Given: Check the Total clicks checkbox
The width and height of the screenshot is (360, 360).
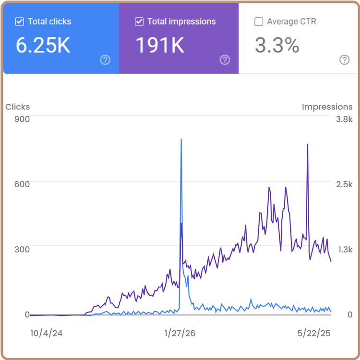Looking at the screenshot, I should [20, 22].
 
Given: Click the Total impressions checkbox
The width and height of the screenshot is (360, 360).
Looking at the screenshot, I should [139, 22].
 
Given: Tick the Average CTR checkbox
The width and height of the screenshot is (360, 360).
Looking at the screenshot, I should [259, 22].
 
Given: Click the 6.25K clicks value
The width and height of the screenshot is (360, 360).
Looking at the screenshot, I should [43, 45].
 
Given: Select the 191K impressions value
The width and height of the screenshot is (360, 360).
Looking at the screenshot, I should [160, 45].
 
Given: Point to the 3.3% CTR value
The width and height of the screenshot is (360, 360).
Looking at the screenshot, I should [277, 45].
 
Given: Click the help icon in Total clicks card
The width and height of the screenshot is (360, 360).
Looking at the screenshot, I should [105, 60].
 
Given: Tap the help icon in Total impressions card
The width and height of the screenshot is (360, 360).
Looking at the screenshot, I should [225, 60].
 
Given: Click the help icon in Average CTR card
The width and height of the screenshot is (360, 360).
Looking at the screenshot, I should [344, 60].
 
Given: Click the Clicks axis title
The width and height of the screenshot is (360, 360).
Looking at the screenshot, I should [17, 107].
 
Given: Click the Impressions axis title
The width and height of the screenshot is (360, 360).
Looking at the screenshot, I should [327, 107].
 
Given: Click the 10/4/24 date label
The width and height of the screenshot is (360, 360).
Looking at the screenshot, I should [46, 333].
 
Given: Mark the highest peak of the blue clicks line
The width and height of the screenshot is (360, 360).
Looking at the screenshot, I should [181, 139].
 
